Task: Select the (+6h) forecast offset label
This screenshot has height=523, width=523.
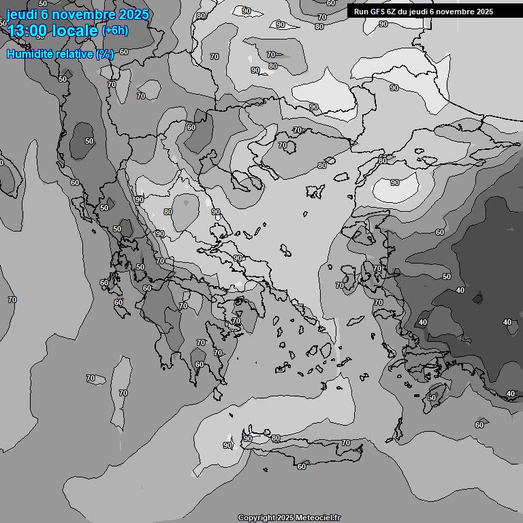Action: tap(114, 31)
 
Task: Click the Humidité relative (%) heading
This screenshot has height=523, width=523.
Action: tap(60, 54)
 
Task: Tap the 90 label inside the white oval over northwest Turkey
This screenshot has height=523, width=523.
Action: tap(395, 183)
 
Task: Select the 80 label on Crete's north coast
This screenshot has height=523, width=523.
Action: tap(276, 438)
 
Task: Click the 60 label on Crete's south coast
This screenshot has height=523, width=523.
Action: tap(302, 466)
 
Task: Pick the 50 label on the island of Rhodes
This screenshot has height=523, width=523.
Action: tap(431, 398)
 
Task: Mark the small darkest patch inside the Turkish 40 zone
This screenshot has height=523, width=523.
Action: tap(478, 298)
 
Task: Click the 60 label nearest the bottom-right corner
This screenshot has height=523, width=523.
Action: tap(479, 425)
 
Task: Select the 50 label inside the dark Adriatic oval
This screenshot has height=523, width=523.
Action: tap(89, 141)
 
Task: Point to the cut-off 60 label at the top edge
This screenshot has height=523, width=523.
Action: tap(331, 3)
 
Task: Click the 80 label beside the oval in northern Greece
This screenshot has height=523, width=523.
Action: tap(168, 212)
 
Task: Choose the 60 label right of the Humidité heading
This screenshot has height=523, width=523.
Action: tap(124, 52)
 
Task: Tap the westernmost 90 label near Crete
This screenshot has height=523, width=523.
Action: tap(227, 445)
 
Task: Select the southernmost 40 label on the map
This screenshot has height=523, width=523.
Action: tap(511, 394)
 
